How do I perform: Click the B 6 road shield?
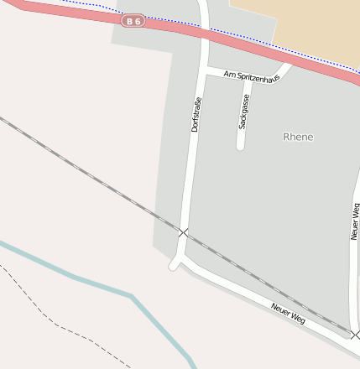[x=133, y=21]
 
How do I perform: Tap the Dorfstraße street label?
[x=196, y=115]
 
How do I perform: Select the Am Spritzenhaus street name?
[x=251, y=75]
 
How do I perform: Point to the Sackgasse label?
[x=244, y=112]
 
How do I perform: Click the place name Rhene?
[x=298, y=137]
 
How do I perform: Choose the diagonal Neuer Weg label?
[x=289, y=314]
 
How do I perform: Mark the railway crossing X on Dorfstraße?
[x=184, y=231]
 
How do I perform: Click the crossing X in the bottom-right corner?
[x=355, y=335]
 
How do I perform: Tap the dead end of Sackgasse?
[x=241, y=147]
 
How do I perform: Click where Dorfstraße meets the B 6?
[x=205, y=33]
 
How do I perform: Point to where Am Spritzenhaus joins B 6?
[x=288, y=61]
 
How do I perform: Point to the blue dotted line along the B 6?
[x=252, y=39]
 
